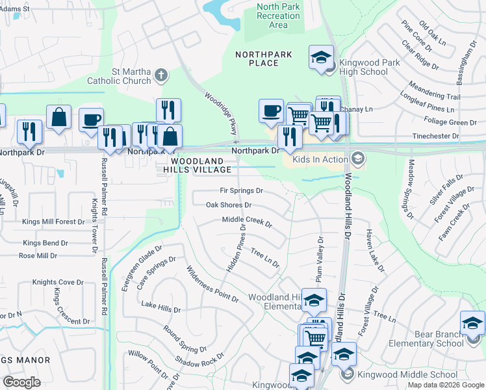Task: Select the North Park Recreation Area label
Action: pyautogui.click(x=278, y=16)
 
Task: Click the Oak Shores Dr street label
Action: pyautogui.click(x=228, y=205)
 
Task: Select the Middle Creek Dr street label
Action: pyautogui.click(x=247, y=222)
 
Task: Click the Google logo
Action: pyautogui.click(x=21, y=382)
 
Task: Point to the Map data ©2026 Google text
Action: pyautogui.click(x=446, y=385)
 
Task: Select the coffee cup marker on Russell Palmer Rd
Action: pyautogui.click(x=92, y=120)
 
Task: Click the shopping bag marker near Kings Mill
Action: pyautogui.click(x=58, y=118)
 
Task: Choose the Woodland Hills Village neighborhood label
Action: pyautogui.click(x=201, y=165)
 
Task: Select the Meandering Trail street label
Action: pyautogui.click(x=435, y=91)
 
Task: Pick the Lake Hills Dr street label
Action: pyautogui.click(x=160, y=305)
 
